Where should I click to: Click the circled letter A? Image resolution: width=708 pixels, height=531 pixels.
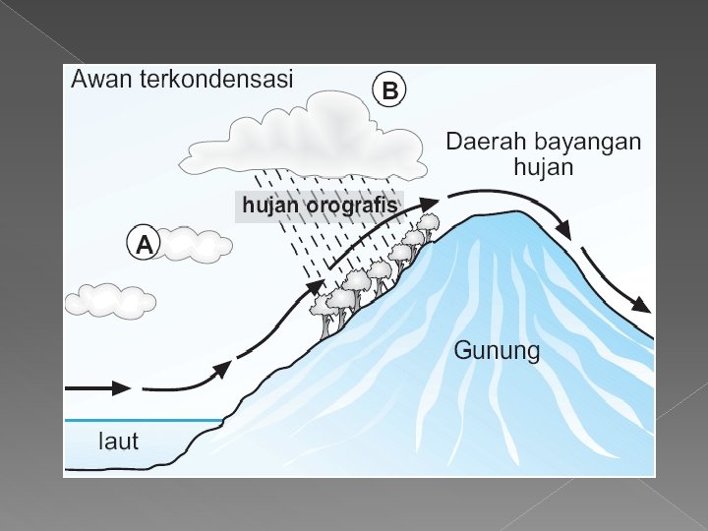point(144,244)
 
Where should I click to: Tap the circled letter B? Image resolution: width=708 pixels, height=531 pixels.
point(389,91)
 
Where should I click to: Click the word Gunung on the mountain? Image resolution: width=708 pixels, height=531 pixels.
point(497,351)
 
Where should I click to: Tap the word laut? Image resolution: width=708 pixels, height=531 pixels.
point(118,441)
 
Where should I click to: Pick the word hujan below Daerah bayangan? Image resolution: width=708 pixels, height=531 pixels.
point(543,167)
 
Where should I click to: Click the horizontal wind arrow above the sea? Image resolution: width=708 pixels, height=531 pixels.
point(98,387)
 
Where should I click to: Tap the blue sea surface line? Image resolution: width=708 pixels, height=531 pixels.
point(143,420)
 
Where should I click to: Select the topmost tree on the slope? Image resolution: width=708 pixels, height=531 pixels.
point(427,223)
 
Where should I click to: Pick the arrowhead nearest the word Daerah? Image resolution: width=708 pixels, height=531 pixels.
point(429,203)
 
